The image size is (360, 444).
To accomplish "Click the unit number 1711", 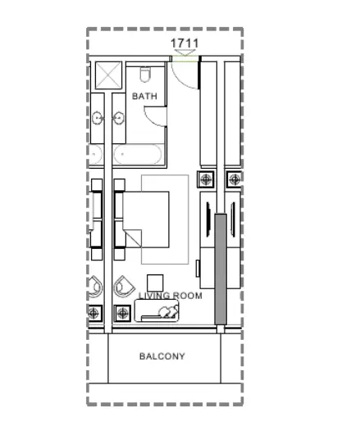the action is pos(185,43).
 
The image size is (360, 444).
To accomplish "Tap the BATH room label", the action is pos(144,96).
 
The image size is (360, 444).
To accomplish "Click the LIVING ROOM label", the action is pos(170,296).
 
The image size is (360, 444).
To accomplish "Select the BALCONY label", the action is pos(162,356).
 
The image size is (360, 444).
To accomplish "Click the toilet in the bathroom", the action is pos(145,75).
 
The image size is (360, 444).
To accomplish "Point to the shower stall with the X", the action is pos(108,75).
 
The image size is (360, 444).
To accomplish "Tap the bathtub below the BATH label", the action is pos(138,154).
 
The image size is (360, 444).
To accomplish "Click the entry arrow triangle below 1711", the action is pos(185,52).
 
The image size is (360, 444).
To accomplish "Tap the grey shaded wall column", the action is pos(221,269).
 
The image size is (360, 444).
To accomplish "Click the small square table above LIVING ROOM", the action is pos(155,283).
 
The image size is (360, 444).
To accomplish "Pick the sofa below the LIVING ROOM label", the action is pos(157,310).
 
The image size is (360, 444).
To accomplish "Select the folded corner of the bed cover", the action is pos(134,238).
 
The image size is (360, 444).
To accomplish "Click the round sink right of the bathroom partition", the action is pos(118,117).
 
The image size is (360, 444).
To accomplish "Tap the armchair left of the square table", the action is pos(123,287).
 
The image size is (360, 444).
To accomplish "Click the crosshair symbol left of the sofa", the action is pos(122,313).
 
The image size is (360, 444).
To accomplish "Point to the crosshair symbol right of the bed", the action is pos(206,179).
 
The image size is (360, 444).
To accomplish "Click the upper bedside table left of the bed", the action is pos(120,184).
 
